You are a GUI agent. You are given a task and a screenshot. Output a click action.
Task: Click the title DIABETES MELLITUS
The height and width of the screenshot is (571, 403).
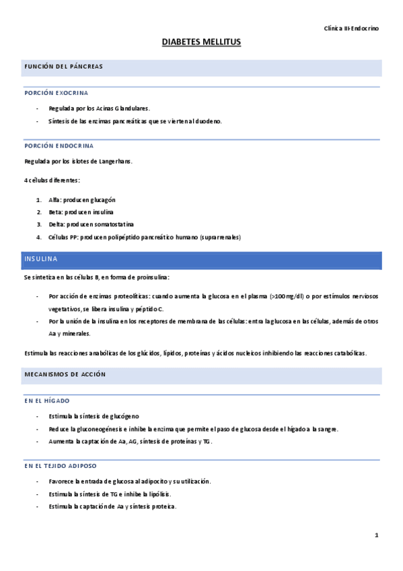201,42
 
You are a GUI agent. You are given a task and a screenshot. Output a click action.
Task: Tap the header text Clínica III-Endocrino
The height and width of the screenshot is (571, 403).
351,29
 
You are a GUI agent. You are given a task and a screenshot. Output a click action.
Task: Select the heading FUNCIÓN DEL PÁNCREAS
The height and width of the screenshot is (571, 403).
63,67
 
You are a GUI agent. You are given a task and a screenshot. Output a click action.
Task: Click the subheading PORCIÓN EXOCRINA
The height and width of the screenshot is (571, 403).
57,92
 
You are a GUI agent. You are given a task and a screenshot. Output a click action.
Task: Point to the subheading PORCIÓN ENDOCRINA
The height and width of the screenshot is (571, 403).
59,145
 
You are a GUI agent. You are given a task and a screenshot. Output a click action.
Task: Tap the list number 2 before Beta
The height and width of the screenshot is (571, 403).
39,212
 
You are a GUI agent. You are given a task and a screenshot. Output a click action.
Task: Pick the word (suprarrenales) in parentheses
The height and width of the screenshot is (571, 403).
217,237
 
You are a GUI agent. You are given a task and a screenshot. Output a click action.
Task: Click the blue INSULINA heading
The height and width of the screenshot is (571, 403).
41,259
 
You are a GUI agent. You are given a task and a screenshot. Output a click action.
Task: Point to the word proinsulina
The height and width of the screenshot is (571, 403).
152,277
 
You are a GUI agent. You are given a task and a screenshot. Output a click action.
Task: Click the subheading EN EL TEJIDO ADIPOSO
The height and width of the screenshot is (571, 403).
61,465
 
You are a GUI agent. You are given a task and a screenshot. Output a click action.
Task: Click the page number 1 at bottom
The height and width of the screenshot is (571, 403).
377,535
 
